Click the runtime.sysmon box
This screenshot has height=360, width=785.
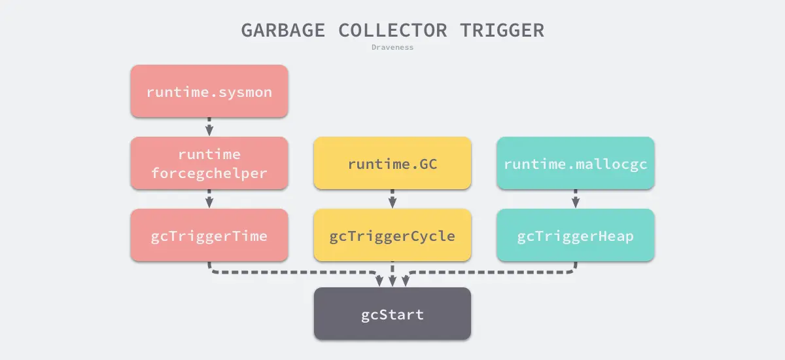(209, 91)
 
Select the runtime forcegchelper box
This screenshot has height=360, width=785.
(209, 163)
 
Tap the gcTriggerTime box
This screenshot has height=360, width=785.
(209, 235)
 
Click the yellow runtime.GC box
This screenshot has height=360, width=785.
(392, 163)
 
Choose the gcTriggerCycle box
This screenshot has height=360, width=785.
(392, 235)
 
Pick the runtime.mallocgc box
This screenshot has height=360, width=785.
(576, 163)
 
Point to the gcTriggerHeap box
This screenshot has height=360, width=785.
(576, 235)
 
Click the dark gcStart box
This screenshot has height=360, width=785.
(392, 314)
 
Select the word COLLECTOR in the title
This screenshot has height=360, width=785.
(393, 30)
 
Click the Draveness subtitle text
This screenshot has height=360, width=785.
(392, 47)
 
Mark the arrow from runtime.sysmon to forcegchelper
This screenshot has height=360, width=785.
(209, 126)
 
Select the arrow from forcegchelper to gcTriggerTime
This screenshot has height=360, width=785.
(209, 198)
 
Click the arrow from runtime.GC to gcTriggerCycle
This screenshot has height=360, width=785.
(392, 198)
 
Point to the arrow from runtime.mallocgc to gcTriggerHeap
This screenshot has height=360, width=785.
(576, 198)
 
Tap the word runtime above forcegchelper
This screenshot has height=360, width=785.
(209, 154)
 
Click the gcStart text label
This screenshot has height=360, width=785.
(392, 314)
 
